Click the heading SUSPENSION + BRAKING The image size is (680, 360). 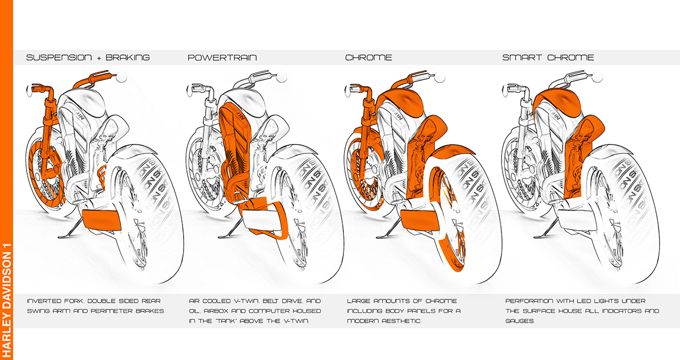(88, 57)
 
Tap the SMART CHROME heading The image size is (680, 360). (548, 57)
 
